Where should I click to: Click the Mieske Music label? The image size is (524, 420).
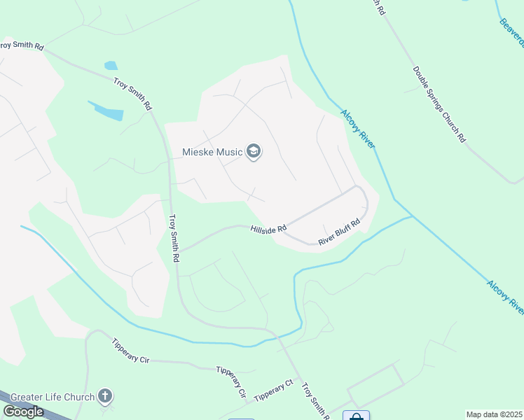[x=212, y=152]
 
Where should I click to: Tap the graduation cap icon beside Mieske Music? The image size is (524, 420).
[x=254, y=152]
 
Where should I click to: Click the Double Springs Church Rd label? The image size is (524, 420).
[x=439, y=104]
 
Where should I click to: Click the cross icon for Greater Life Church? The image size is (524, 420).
[x=105, y=397]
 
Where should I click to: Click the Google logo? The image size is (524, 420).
[x=23, y=412]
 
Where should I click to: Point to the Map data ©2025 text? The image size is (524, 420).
[x=494, y=414]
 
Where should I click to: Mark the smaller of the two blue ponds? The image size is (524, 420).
[x=111, y=66]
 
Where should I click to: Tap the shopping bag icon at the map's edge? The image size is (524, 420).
[x=356, y=416]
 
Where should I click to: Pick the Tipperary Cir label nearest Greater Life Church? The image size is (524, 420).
[x=130, y=351]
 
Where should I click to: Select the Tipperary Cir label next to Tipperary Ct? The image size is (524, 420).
[x=232, y=381]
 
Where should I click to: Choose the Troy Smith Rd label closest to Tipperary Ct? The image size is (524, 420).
[x=315, y=401]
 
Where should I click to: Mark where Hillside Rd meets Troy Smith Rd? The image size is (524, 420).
[x=180, y=250]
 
